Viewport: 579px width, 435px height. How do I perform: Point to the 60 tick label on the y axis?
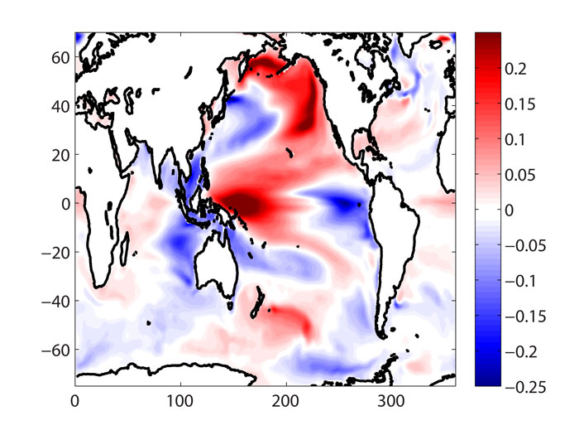click(x=58, y=56)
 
